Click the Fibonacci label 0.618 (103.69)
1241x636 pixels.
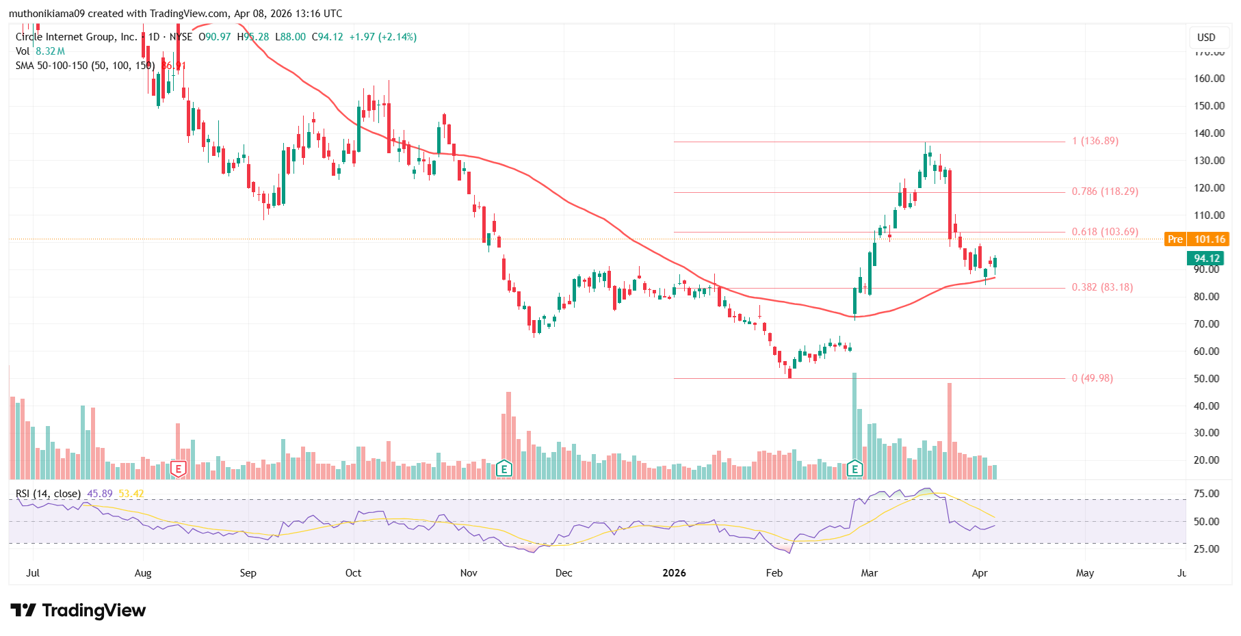[x=1104, y=232]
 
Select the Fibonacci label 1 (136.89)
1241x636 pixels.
[x=1095, y=141]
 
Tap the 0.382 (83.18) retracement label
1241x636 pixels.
[x=1101, y=287]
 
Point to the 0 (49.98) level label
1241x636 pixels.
[x=1092, y=378]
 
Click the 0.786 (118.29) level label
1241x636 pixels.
[x=1104, y=191]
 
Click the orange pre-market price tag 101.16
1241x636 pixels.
[x=1209, y=239]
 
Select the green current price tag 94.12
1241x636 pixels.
[x=1206, y=259]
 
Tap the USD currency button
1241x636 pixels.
[x=1205, y=38]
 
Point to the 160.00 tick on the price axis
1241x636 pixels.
[x=1209, y=79]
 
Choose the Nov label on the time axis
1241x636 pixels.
[x=468, y=573]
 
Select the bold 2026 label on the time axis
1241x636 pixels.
[x=674, y=573]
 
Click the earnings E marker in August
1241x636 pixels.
[x=179, y=469]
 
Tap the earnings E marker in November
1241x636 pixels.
[x=504, y=468]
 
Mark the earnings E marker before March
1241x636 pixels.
[x=854, y=468]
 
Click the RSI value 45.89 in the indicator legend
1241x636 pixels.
[x=100, y=494]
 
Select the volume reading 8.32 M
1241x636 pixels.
[x=50, y=51]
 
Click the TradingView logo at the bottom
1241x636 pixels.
[x=78, y=610]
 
